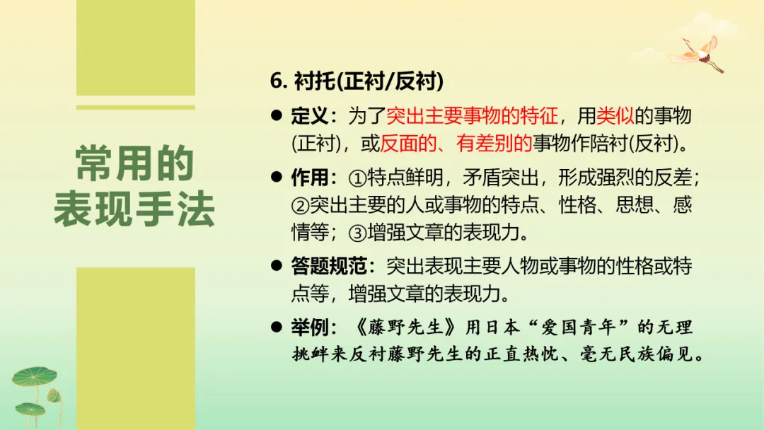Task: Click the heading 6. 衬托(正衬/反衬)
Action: point(357,81)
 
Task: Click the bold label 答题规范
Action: point(329,266)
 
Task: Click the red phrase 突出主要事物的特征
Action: point(472,116)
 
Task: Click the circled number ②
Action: point(301,206)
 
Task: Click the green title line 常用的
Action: point(134,165)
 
